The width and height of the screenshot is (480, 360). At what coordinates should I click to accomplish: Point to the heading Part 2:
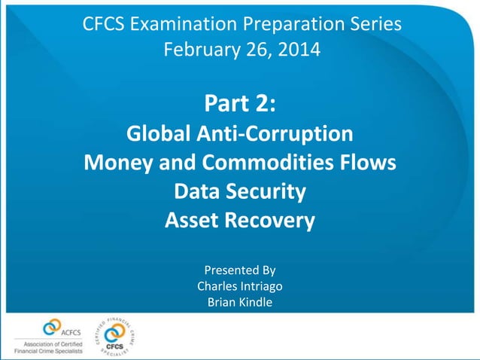239,103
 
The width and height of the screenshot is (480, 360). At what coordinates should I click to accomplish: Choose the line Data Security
239,192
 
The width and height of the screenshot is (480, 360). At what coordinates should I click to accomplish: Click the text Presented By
240,269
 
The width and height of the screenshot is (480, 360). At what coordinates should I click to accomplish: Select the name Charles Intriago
240,286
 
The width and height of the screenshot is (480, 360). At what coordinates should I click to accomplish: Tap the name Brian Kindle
240,303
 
